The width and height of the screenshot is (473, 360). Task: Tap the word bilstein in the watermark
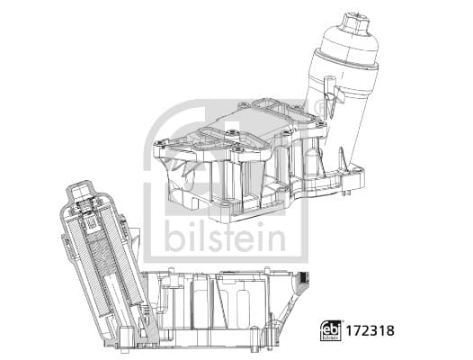tap(224, 240)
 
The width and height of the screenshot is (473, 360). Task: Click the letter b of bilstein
tap(174, 240)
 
